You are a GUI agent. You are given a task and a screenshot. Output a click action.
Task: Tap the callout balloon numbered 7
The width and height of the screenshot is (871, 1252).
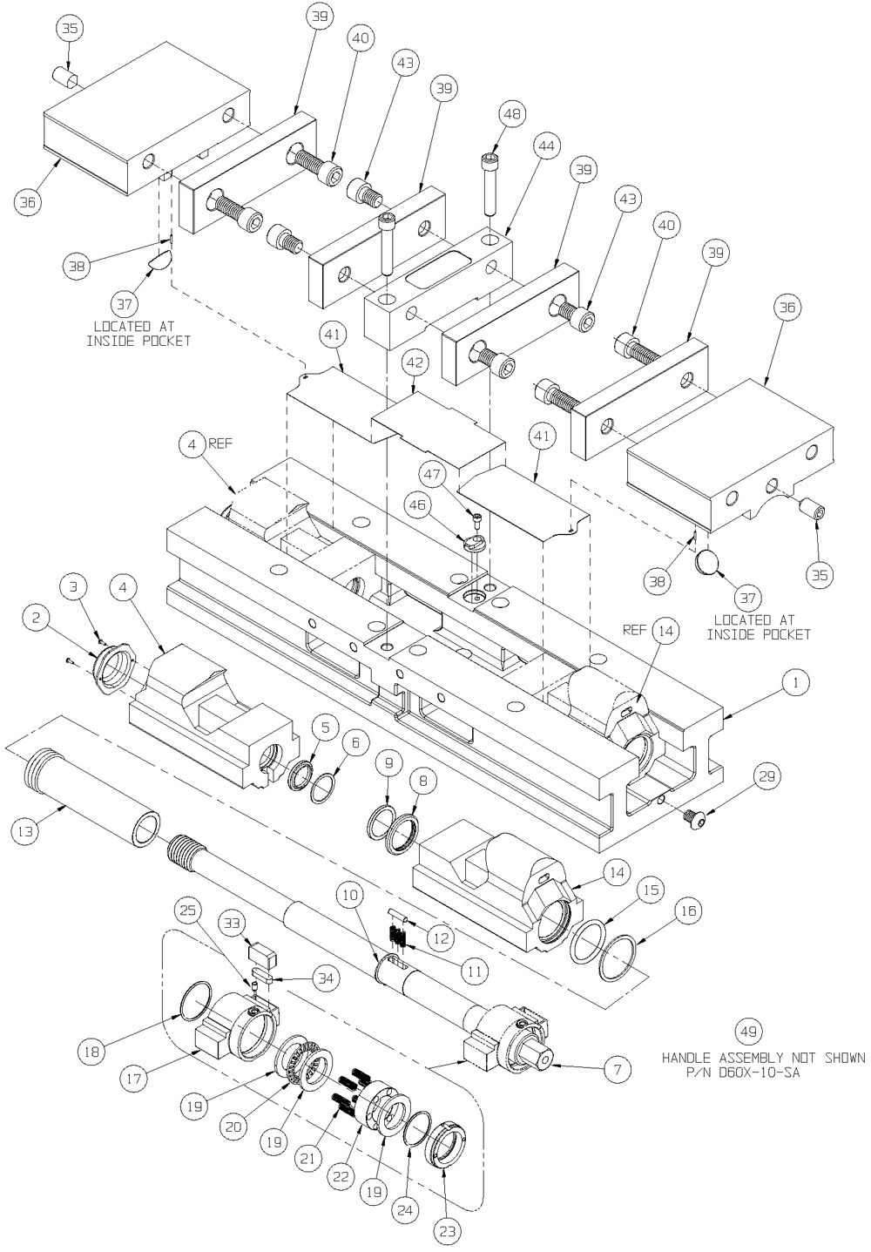point(617,1069)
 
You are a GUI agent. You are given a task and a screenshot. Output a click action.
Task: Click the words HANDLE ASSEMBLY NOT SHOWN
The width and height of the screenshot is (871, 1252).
point(763,1058)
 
